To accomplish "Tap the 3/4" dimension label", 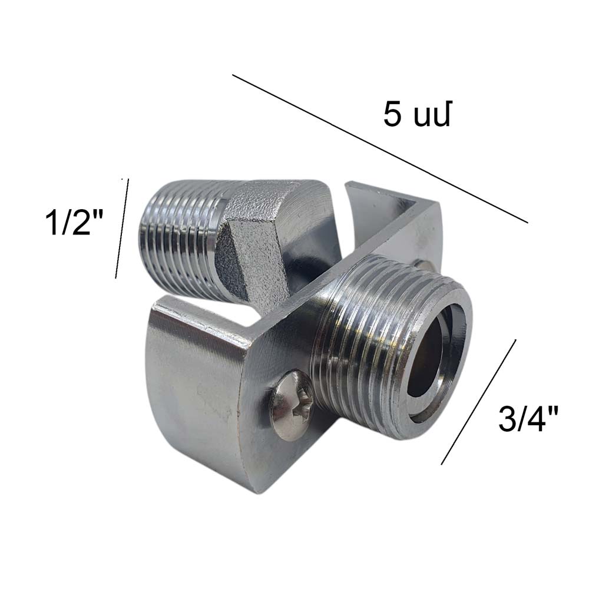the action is (528, 418).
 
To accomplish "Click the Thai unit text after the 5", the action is (432, 116).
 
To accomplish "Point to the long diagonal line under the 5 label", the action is (380, 149).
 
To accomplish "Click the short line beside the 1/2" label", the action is (122, 229).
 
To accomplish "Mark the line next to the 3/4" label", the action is (478, 402).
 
